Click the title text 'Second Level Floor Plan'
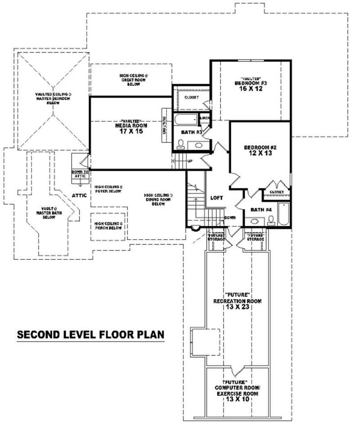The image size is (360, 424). [x=90, y=335]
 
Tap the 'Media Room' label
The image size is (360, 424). [x=132, y=125]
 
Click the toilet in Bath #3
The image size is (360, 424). [x=181, y=144]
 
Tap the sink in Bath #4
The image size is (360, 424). [x=255, y=221]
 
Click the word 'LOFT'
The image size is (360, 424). [x=217, y=198]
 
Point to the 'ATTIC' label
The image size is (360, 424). [x=79, y=196]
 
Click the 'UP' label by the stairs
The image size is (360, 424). [x=190, y=161]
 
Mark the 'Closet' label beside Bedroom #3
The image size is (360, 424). [x=191, y=97]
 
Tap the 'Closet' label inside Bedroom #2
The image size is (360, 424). [x=276, y=192]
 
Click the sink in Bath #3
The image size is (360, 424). [x=197, y=145]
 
